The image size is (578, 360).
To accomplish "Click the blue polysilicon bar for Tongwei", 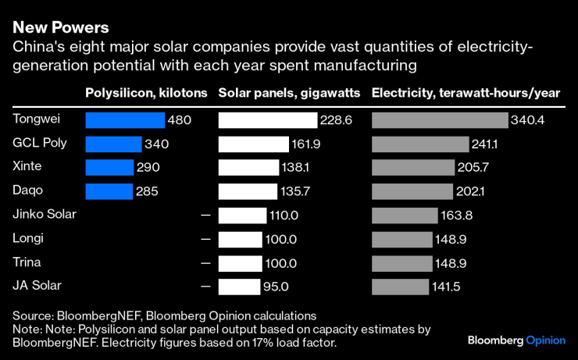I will (125, 120).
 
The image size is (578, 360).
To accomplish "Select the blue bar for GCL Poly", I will (113, 144).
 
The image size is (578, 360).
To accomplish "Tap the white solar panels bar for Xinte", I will (248, 168).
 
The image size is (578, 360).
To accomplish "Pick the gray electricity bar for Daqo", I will (412, 191).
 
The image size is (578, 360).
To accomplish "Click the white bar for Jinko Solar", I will (243, 216).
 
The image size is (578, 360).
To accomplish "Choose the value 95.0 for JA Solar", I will (275, 287).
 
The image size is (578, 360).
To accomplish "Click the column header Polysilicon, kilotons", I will (146, 93).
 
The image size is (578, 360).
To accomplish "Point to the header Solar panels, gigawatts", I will (289, 93).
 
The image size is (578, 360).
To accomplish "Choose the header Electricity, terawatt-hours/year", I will (466, 93).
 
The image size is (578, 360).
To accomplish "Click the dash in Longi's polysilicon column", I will (205, 239).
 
